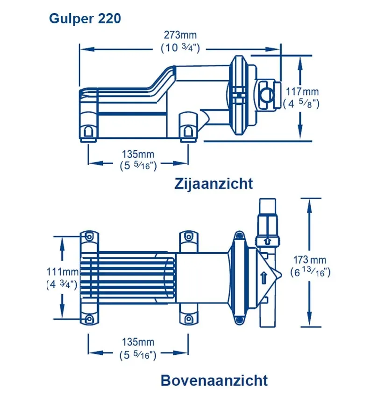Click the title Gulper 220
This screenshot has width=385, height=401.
85,19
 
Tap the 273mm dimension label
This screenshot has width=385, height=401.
180,35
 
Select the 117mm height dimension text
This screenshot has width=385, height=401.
302,91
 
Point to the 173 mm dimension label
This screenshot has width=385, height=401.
310,260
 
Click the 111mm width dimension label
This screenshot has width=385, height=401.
62,271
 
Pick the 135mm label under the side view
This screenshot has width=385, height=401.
138,154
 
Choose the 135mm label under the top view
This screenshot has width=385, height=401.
138,342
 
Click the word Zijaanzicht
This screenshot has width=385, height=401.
214,184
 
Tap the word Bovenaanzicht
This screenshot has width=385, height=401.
214,380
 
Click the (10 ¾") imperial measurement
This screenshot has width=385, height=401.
180,48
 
